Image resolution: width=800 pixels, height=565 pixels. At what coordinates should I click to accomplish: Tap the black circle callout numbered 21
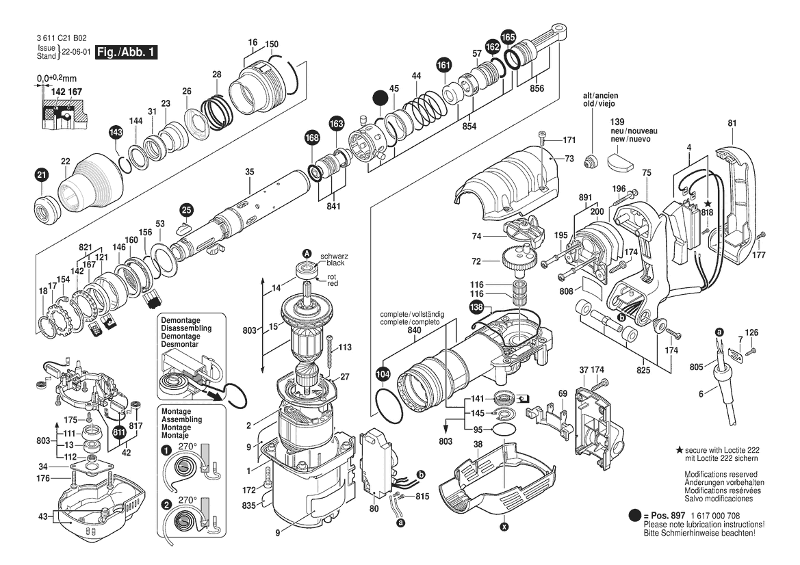pos(41,176)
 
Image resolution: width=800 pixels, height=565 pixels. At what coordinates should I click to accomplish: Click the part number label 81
pos(732,123)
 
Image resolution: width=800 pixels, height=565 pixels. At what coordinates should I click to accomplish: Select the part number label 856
pos(537,88)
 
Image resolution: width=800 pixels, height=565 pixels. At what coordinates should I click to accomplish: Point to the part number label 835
pos(250,505)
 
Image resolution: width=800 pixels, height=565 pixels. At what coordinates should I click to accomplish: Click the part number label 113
pos(344,347)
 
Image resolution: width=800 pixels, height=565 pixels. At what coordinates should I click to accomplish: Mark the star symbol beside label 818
pos(708,204)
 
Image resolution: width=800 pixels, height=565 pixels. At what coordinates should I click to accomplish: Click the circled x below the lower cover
pos(504,527)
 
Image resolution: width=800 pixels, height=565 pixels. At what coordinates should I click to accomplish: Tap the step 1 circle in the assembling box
pos(166,451)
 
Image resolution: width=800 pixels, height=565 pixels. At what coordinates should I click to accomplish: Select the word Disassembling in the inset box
pos(186,328)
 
